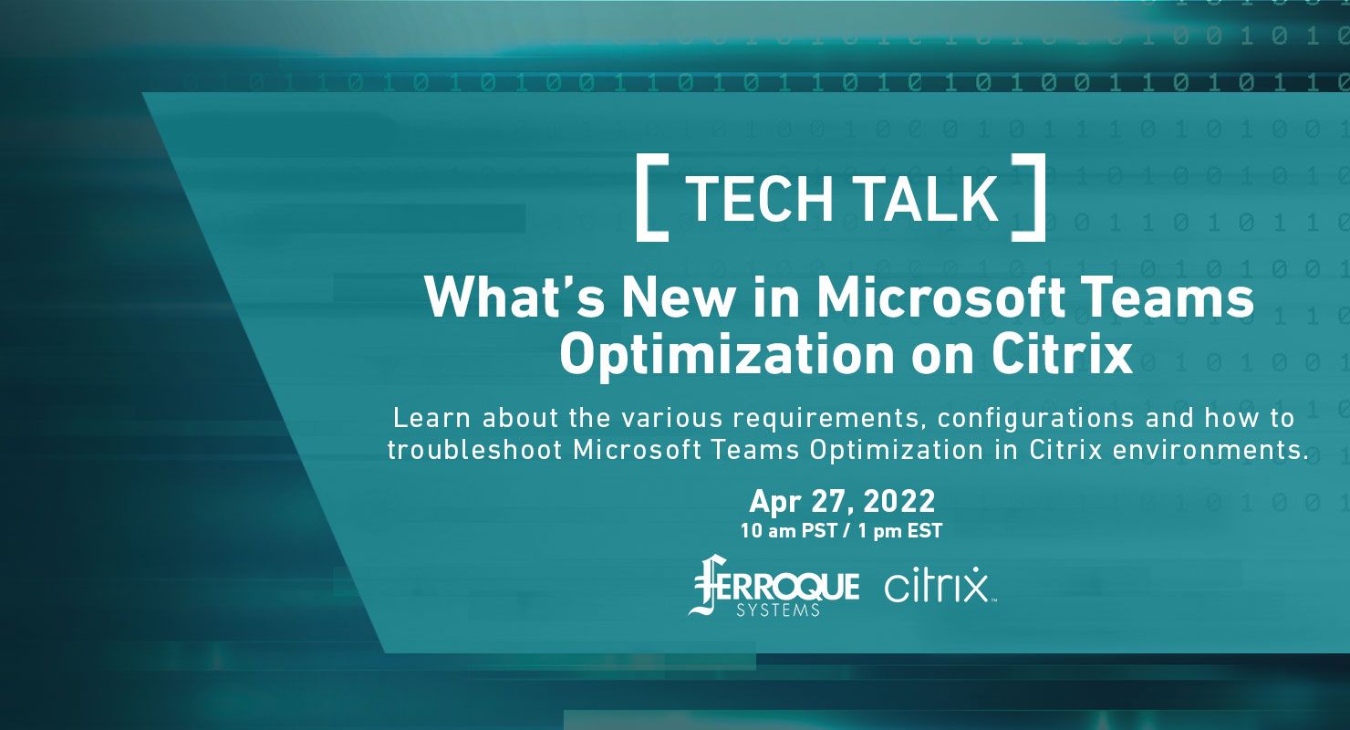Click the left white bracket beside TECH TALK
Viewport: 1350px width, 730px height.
(x=642, y=198)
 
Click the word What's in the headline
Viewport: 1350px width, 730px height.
(x=514, y=297)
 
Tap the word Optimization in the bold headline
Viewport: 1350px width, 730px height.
(x=727, y=356)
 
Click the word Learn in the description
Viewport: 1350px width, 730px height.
(x=431, y=418)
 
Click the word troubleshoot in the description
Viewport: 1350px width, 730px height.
(x=475, y=450)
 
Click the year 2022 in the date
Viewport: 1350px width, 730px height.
(x=899, y=501)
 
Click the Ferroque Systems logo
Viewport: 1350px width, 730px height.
(x=774, y=586)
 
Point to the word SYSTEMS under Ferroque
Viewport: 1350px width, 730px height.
(x=778, y=610)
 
